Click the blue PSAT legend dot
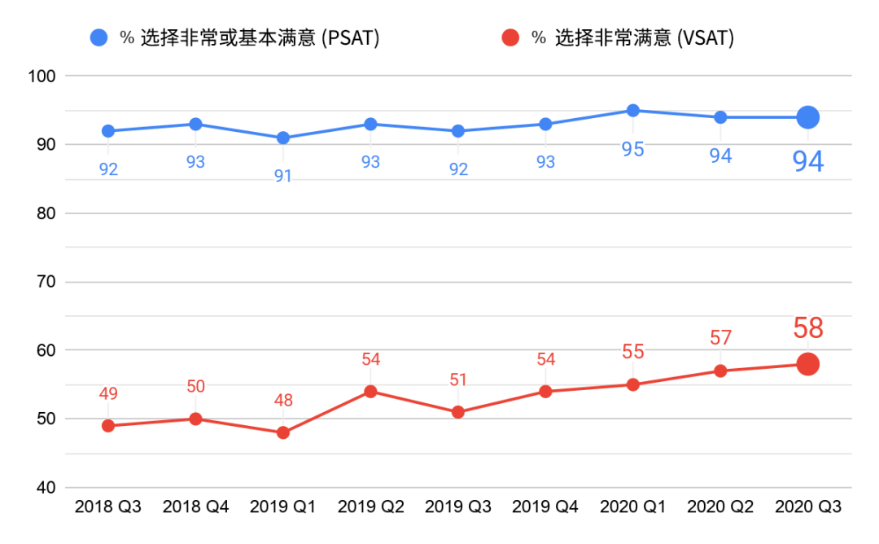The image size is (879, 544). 99,37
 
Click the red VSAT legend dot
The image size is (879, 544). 510,37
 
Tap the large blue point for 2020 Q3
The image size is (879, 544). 807,117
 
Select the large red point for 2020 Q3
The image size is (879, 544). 807,364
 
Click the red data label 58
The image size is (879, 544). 807,329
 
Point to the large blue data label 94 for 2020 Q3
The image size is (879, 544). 808,162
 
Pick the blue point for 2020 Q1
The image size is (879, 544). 632,111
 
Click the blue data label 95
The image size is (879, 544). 632,149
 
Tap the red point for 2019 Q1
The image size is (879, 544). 283,432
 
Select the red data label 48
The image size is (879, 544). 283,401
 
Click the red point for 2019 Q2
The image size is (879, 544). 370,391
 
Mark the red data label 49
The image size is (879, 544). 108,394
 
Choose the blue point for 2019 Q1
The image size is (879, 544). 283,138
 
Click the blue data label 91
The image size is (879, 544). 283,175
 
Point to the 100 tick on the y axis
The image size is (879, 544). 40,76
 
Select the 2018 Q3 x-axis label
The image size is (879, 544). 108,507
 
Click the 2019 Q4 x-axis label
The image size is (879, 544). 545,507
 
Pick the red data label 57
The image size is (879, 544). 720,337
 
